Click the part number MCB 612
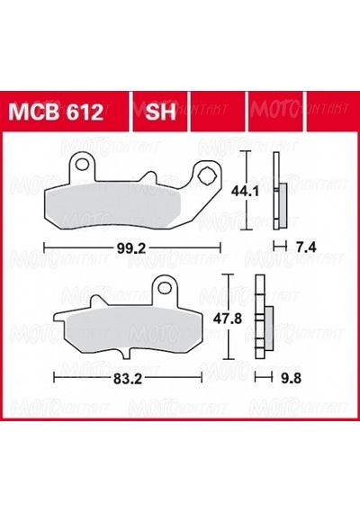[56, 112]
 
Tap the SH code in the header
[160, 112]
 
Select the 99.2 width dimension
[130, 248]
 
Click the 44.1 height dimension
[245, 191]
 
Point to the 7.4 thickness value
[306, 247]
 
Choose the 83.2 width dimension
[128, 379]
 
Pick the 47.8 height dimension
[228, 318]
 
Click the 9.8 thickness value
[292, 379]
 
